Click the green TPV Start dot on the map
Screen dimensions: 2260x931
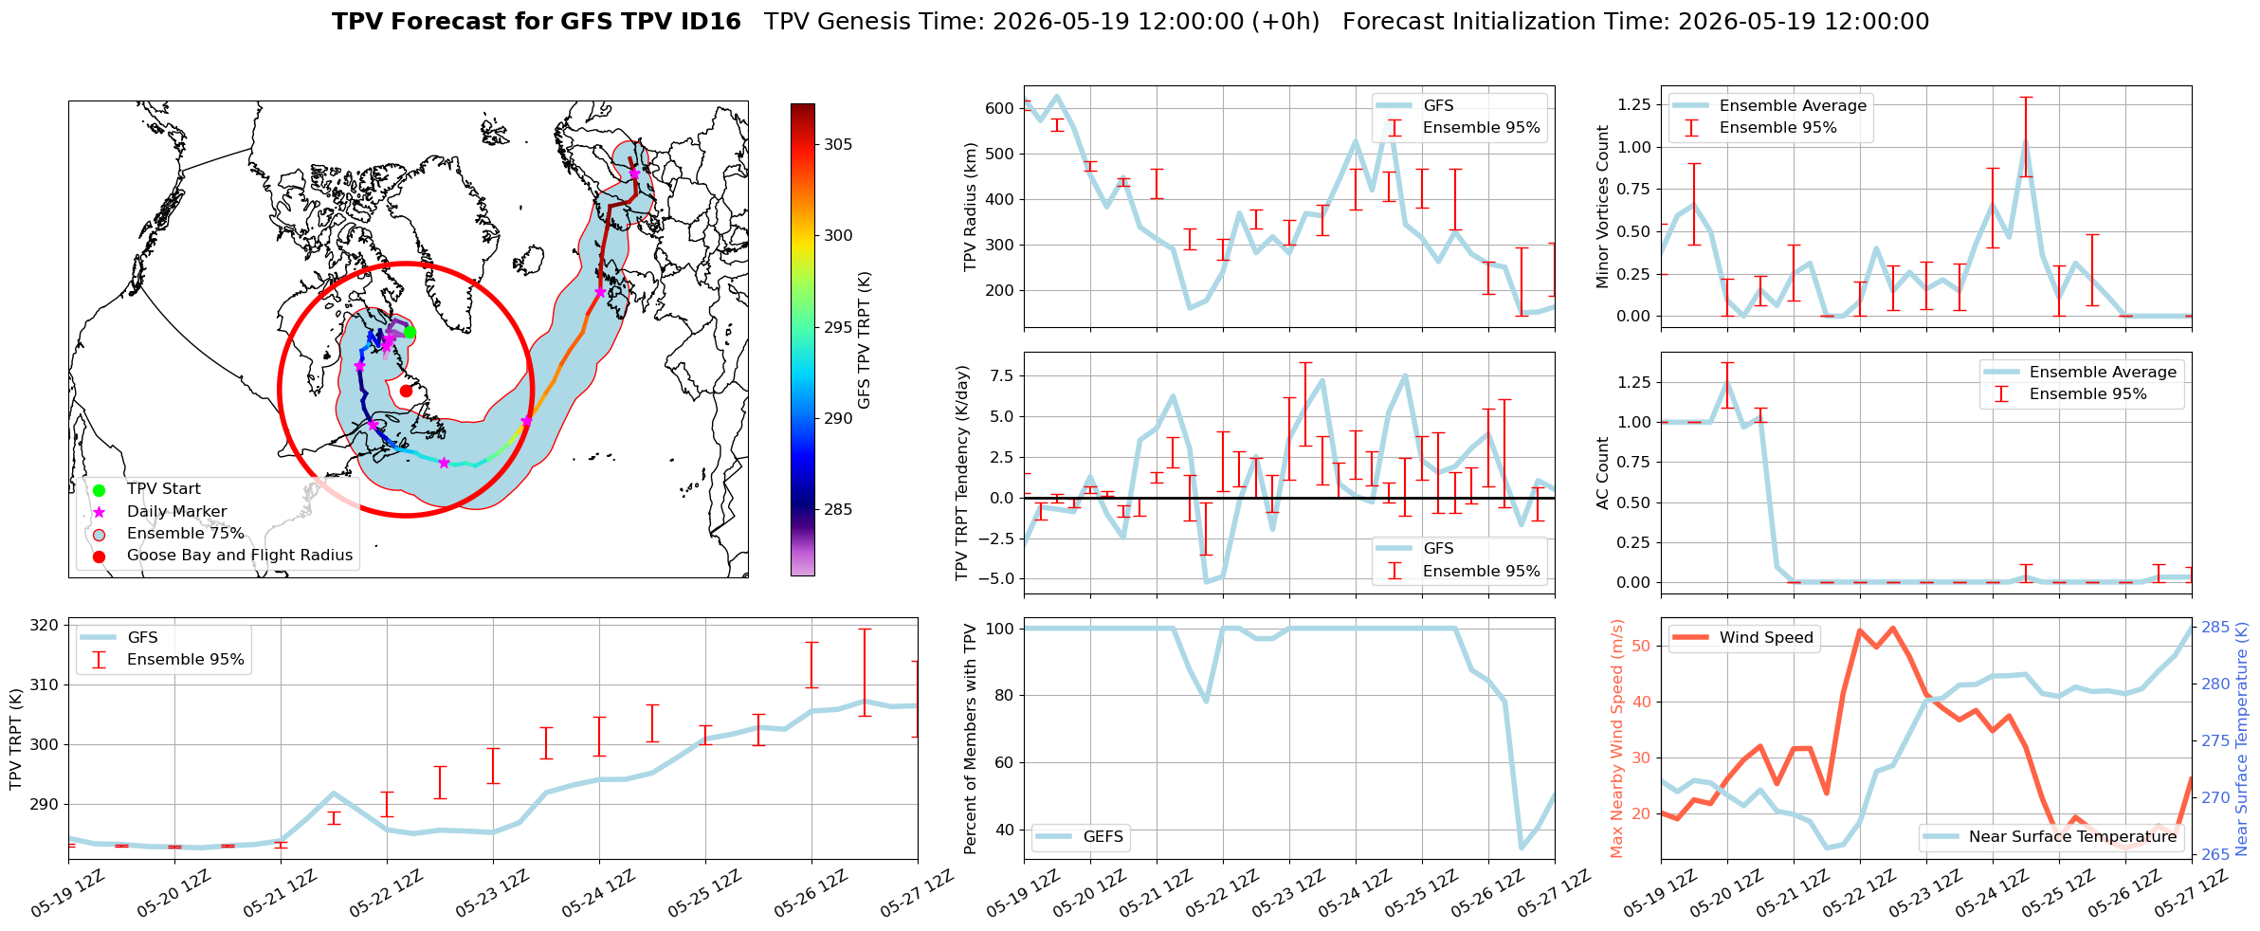410,332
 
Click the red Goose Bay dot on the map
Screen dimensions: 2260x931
406,391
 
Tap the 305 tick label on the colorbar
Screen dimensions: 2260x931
838,144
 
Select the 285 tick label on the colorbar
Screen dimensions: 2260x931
838,509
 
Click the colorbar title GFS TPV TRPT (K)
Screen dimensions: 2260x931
864,340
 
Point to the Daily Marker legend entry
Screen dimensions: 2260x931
176,512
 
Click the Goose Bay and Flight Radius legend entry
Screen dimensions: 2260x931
240,556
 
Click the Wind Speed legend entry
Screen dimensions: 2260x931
1766,638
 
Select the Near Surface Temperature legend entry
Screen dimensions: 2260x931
2072,837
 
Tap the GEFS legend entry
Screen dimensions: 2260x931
1103,837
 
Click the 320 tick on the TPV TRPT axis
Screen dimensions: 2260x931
45,626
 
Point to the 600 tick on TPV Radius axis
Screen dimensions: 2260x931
999,109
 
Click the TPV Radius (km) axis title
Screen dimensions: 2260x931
970,207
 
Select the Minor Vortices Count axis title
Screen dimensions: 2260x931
1603,207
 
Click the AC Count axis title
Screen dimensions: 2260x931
1603,473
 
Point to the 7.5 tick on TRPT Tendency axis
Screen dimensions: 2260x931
1000,376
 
